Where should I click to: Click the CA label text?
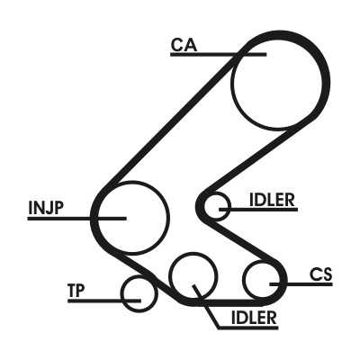pyautogui.click(x=184, y=45)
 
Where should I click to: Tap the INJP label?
pyautogui.click(x=46, y=208)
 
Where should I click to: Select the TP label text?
pyautogui.click(x=76, y=291)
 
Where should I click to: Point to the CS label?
pyautogui.click(x=320, y=274)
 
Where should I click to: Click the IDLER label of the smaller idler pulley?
pyautogui.click(x=272, y=200)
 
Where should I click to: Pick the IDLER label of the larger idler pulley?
pyautogui.click(x=254, y=318)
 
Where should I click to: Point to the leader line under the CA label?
pyautogui.click(x=218, y=54)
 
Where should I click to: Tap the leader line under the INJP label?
pyautogui.click(x=76, y=219)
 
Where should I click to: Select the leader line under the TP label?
pyautogui.click(x=104, y=301)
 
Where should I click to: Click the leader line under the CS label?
pyautogui.click(x=301, y=283)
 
